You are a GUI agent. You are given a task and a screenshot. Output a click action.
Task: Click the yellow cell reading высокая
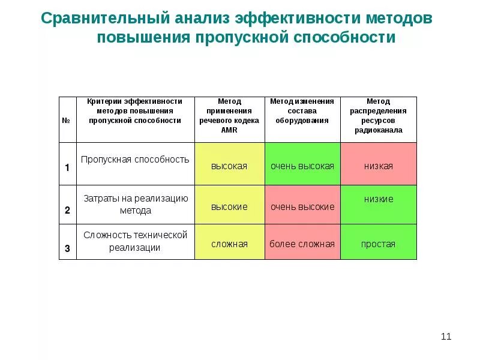click(x=229, y=165)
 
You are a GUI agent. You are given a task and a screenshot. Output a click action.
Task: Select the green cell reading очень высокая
click(x=302, y=165)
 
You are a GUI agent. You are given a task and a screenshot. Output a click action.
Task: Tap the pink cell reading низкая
click(x=378, y=165)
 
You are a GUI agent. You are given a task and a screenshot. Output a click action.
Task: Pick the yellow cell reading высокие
click(x=229, y=206)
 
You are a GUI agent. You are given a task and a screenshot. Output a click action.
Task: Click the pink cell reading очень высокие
click(x=302, y=206)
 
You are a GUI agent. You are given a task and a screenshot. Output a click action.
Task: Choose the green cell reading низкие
click(x=378, y=204)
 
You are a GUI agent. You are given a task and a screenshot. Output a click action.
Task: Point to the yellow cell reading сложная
click(x=229, y=244)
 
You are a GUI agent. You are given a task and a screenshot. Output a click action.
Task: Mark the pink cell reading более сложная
click(x=302, y=244)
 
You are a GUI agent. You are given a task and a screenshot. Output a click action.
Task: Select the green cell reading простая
click(x=378, y=244)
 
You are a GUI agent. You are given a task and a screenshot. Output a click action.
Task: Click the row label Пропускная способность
click(x=135, y=160)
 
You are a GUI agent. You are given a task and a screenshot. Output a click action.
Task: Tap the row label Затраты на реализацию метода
click(x=135, y=205)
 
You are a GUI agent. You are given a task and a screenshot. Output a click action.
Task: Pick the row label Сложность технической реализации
click(x=135, y=241)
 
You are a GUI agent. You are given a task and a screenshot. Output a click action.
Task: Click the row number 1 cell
click(x=67, y=167)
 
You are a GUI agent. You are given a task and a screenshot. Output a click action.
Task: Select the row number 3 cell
click(x=67, y=248)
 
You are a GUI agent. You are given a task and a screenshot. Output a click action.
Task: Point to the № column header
click(x=67, y=120)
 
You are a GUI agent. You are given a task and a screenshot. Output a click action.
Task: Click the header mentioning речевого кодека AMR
click(x=229, y=116)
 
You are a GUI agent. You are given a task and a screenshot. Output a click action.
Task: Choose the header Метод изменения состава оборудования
click(x=302, y=111)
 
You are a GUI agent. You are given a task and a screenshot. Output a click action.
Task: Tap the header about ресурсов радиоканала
click(x=378, y=116)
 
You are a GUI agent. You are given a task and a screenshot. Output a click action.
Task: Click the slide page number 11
click(x=446, y=336)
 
